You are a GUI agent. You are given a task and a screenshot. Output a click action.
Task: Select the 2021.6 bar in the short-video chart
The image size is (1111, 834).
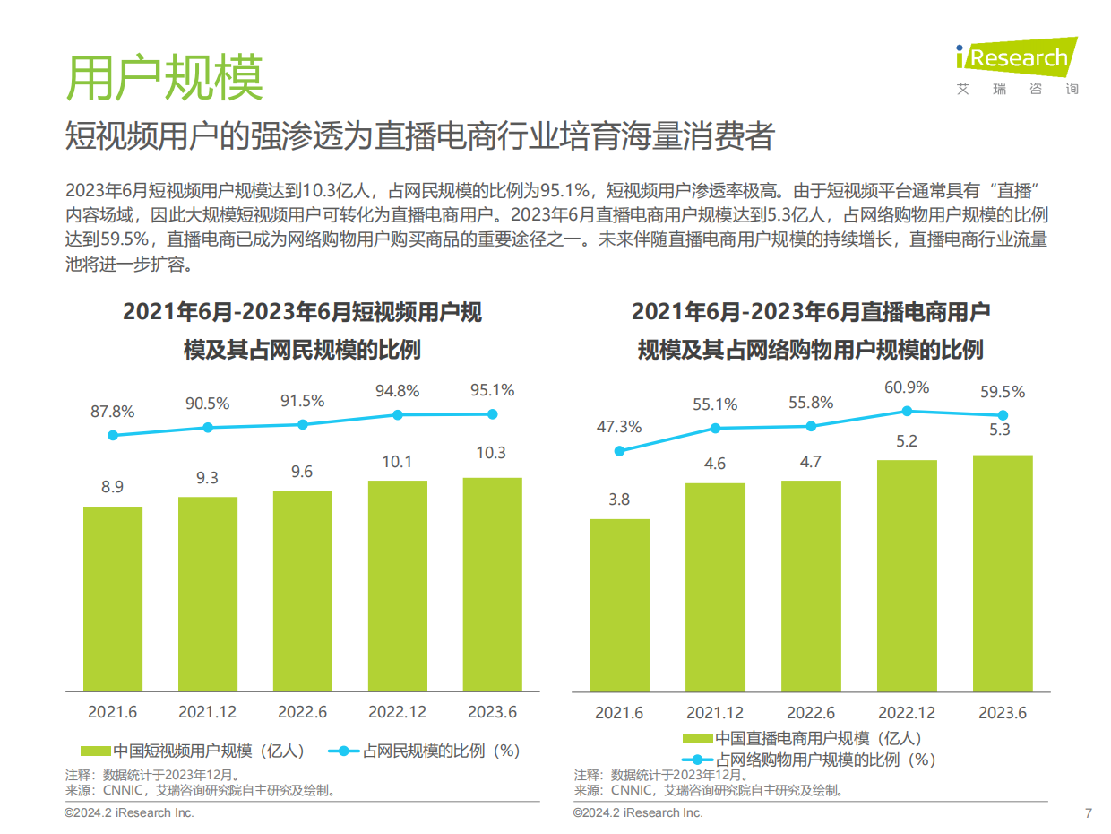click(113, 598)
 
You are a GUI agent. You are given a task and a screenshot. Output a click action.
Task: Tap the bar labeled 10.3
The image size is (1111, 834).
click(492, 584)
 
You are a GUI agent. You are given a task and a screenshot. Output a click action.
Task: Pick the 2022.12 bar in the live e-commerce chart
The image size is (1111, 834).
click(907, 575)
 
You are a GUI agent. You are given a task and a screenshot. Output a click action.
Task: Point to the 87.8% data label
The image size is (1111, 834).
click(112, 412)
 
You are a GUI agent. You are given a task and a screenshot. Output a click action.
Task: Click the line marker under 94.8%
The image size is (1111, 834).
click(398, 414)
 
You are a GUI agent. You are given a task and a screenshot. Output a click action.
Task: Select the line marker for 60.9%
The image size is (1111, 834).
click(907, 411)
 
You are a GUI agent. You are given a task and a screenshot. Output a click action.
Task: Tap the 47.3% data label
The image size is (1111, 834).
click(619, 427)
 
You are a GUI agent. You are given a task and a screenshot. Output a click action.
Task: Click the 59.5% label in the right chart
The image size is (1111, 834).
click(1003, 392)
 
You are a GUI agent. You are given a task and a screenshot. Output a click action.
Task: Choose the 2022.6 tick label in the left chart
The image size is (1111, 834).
click(302, 711)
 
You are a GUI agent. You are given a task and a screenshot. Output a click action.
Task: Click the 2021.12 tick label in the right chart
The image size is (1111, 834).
click(715, 713)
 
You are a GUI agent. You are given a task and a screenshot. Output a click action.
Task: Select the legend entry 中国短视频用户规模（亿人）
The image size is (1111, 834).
click(196, 751)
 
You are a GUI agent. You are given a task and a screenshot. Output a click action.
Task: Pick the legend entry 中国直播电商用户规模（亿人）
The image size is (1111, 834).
click(802, 738)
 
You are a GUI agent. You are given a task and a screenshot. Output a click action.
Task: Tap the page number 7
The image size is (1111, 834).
click(1088, 813)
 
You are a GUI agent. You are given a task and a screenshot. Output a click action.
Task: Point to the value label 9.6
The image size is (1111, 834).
click(302, 472)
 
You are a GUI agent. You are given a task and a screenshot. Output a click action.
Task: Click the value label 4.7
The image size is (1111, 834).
click(811, 462)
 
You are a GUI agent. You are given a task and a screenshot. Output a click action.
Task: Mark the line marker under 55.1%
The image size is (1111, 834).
click(715, 428)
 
